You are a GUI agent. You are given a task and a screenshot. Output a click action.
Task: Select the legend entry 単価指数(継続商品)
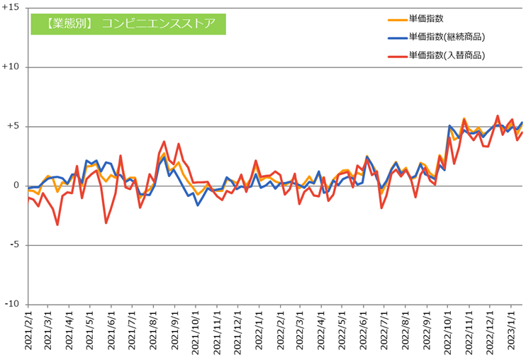[450, 37]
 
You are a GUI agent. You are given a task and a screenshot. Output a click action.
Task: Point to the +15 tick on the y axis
[11, 8]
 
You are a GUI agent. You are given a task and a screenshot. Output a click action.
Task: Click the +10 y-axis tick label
[11, 67]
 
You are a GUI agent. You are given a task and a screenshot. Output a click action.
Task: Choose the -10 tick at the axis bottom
[12, 304]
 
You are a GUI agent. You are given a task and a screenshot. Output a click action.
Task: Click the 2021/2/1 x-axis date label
[28, 332]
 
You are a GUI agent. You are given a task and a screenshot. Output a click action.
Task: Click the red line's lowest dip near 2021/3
[57, 225]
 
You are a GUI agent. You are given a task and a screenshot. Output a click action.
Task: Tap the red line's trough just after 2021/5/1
[106, 223]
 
